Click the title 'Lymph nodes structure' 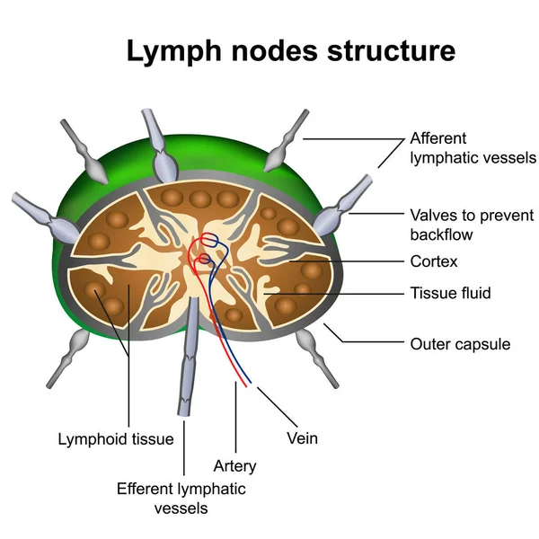290,50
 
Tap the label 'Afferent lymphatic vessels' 472,148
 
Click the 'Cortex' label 434,262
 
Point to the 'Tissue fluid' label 450,293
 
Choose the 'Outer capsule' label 459,343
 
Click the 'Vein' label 302,439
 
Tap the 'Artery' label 234,466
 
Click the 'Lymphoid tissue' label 116,439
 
